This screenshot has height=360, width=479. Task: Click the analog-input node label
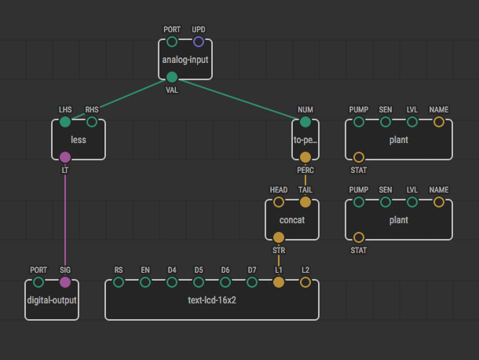185,60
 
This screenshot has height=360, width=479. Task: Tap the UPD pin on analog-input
199,42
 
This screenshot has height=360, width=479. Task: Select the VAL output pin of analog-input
172,77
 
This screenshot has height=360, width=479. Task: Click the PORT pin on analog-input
172,42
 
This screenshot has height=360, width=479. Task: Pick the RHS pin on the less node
92,122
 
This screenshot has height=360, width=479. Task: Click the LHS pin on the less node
65,122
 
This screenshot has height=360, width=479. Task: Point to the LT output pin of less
65,157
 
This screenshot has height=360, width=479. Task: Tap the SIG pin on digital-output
65,282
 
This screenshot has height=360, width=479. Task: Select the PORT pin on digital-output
38,282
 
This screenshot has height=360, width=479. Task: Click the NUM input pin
305,122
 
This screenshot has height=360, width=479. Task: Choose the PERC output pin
305,157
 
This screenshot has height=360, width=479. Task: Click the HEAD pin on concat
279,202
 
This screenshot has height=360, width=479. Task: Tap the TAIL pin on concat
305,202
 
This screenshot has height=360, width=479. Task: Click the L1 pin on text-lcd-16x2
279,282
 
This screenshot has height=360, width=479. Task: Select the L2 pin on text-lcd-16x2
305,282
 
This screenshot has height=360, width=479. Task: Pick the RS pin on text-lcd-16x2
119,282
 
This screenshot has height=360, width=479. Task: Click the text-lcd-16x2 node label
212,300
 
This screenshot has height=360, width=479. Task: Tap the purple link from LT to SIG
65,220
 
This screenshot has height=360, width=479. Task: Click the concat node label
292,220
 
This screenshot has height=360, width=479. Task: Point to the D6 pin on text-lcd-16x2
225,282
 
